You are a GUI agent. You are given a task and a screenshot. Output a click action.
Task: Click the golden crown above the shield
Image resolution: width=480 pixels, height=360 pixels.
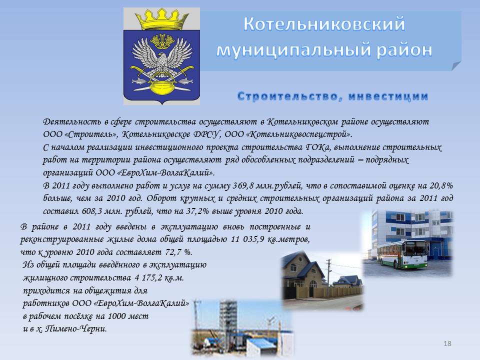pos(161,19)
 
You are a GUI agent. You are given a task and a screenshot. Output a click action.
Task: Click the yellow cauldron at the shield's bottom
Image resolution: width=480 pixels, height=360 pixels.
pos(162,87)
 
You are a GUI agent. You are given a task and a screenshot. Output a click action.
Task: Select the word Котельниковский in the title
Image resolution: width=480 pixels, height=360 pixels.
pos(324,24)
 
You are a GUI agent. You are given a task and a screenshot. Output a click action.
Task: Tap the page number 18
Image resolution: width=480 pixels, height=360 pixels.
pos(447,343)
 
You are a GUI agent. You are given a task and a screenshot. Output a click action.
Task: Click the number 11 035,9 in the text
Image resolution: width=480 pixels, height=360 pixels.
pos(247,239)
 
